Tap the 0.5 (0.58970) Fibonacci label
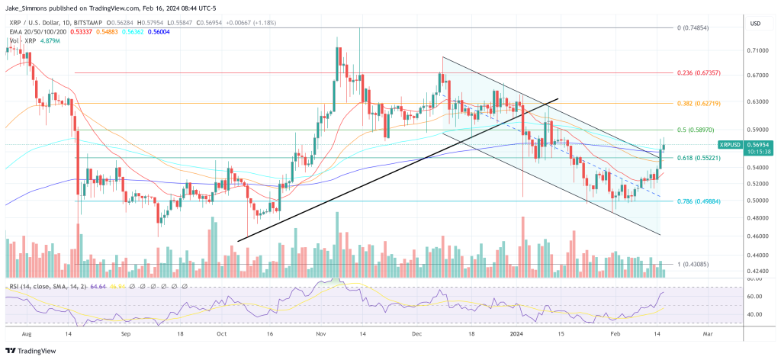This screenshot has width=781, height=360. (696, 130)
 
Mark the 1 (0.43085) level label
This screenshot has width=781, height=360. (694, 265)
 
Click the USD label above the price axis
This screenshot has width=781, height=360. (757, 24)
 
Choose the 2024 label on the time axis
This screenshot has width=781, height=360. (516, 333)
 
